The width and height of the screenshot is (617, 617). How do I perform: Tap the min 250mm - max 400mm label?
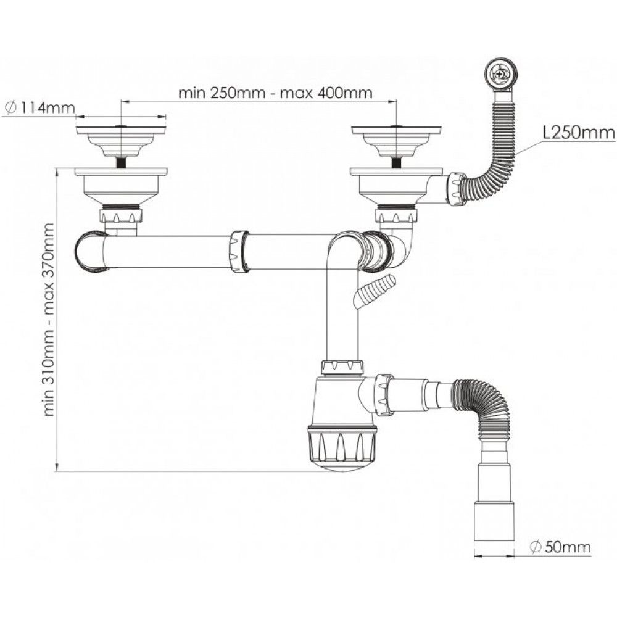[275, 93]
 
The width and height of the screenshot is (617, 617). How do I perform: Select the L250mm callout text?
[579, 133]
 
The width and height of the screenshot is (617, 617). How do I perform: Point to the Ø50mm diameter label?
[560, 547]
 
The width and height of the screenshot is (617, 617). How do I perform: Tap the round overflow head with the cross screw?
[499, 73]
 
